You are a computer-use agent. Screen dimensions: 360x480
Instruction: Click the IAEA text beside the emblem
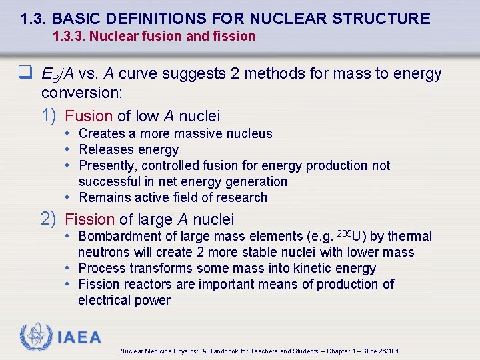(79, 337)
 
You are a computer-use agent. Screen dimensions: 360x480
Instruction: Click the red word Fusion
(89, 116)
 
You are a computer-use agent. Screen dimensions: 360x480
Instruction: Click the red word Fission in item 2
(90, 219)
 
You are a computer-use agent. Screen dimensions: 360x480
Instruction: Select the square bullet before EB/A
(31, 74)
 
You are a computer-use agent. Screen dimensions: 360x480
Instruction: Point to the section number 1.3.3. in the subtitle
(69, 36)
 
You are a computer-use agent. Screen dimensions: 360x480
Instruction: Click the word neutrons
(105, 252)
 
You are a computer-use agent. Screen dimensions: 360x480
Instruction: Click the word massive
(196, 133)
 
